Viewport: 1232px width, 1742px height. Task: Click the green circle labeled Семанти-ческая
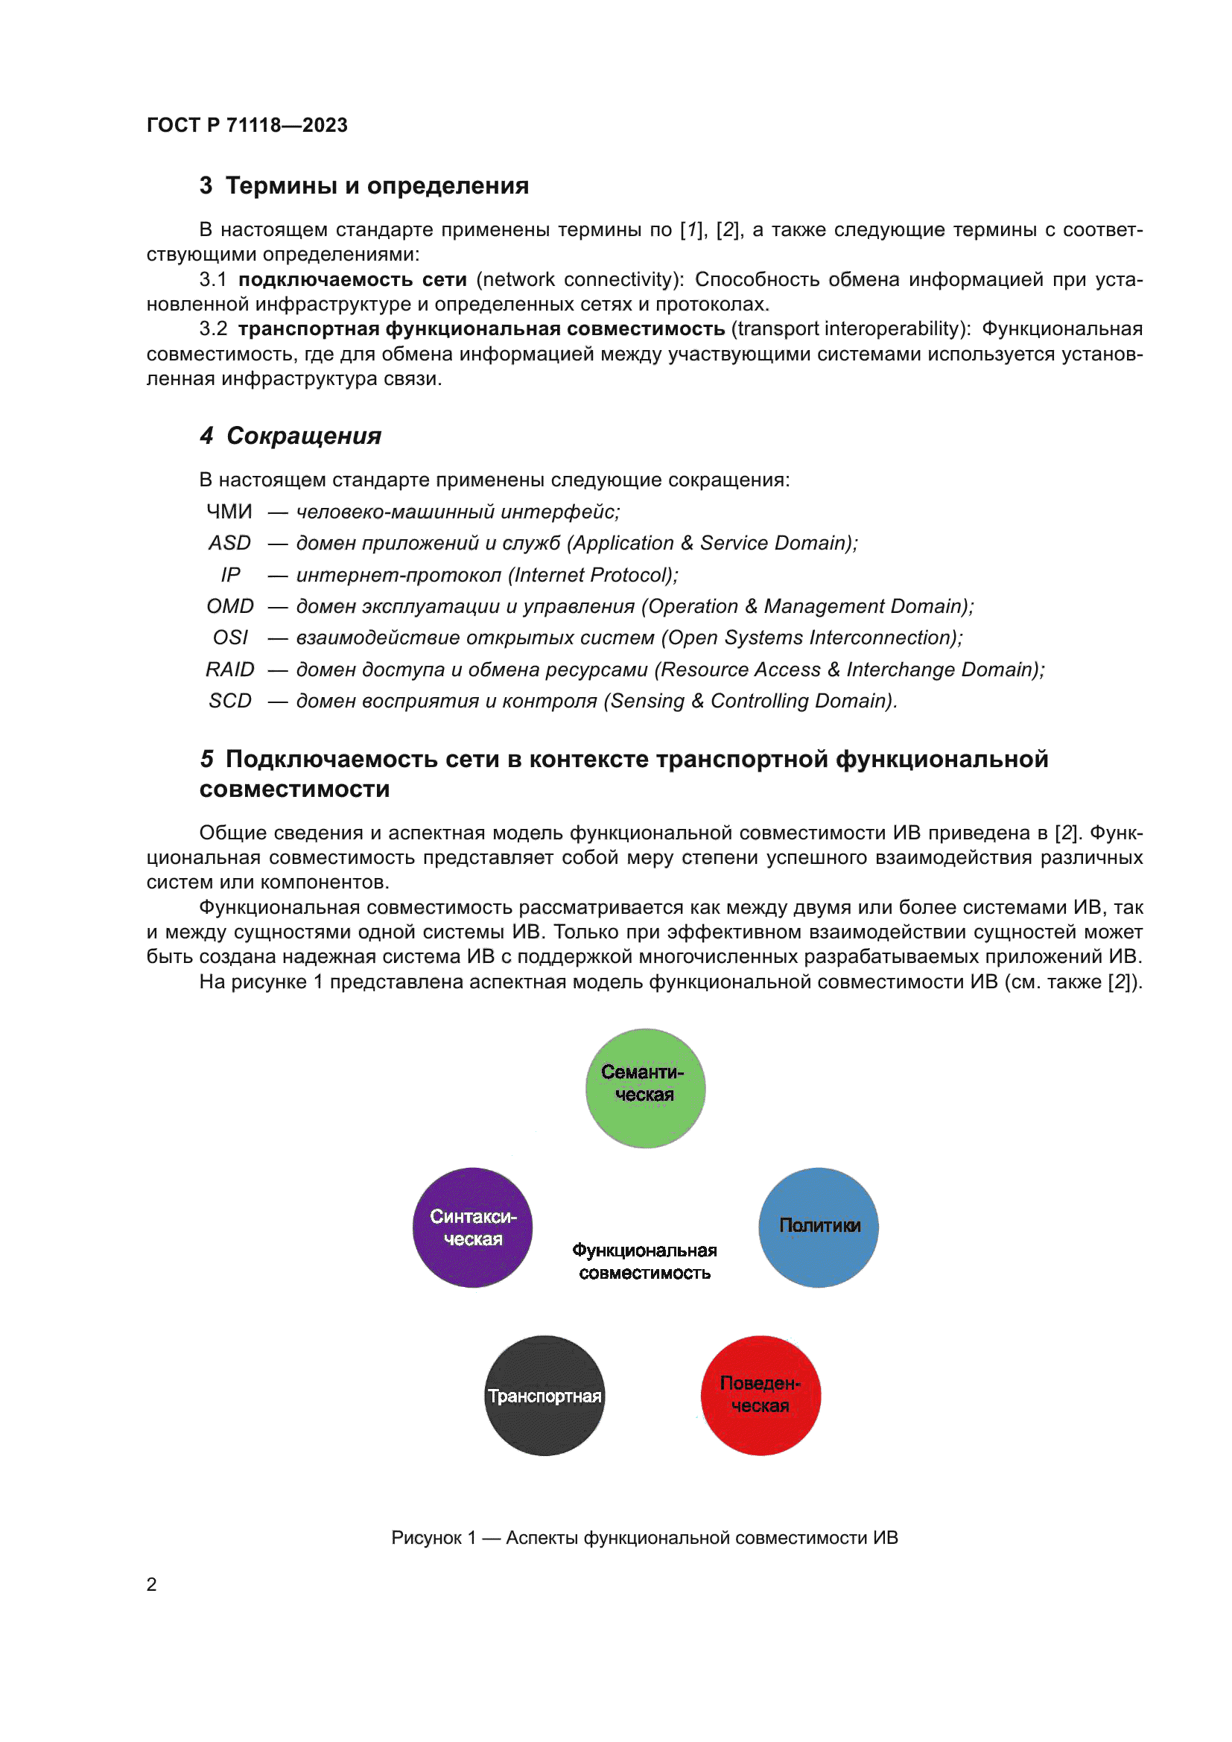point(645,1088)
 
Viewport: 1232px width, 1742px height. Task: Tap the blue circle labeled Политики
point(819,1227)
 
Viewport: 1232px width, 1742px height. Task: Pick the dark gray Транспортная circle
point(544,1395)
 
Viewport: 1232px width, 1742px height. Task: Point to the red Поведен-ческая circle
point(761,1395)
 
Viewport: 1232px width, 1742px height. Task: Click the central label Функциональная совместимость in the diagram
point(644,1261)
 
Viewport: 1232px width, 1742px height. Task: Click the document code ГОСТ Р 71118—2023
point(247,125)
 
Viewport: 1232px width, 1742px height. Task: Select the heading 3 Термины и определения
point(364,185)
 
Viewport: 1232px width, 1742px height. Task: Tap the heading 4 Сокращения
point(290,436)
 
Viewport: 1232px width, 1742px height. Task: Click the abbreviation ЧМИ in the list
point(229,512)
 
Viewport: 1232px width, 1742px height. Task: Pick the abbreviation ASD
point(230,543)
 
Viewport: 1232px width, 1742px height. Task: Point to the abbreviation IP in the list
point(230,575)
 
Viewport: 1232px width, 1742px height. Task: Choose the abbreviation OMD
point(230,606)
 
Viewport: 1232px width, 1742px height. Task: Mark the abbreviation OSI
point(230,638)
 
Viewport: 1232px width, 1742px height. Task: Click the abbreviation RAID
point(230,670)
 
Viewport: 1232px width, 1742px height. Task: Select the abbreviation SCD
point(230,700)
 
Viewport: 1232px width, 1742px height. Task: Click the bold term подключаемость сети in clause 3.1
point(352,279)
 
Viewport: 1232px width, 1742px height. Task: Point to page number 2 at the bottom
point(152,1584)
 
